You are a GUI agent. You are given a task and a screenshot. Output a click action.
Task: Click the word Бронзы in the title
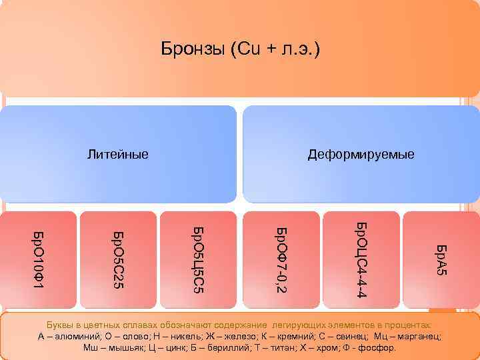point(193,49)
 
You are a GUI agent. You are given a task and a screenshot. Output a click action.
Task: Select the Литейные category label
point(118,155)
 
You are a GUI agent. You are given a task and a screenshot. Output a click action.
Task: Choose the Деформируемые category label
point(361,155)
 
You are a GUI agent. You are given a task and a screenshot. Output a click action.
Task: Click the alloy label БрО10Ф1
point(38,259)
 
